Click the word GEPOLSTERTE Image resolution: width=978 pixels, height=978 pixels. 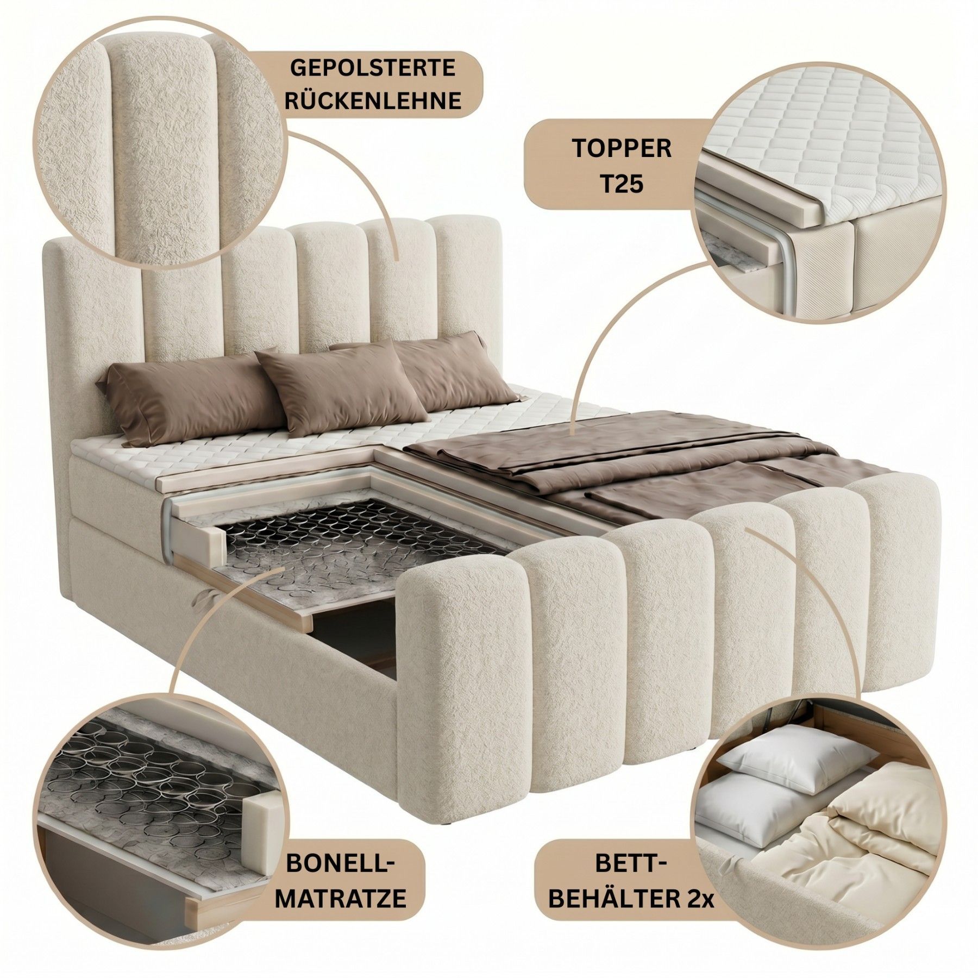tap(372, 69)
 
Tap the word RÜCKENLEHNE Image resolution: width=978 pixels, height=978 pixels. tap(372, 101)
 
